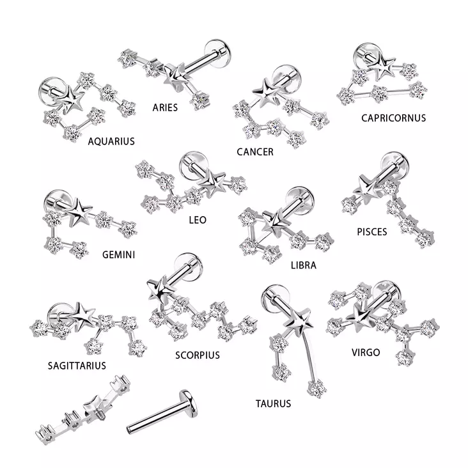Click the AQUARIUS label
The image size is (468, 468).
(x=111, y=141)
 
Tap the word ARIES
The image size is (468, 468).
(x=165, y=107)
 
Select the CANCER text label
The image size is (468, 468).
(x=254, y=152)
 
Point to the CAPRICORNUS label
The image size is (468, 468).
(x=393, y=118)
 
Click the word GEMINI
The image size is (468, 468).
(x=119, y=254)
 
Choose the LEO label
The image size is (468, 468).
(x=198, y=219)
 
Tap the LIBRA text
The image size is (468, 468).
(x=303, y=264)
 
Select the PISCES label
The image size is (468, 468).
(x=371, y=231)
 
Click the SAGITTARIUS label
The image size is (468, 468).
(x=77, y=366)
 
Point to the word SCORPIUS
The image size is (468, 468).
(x=197, y=355)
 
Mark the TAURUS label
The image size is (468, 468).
(x=273, y=403)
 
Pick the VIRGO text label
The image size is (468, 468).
(x=366, y=352)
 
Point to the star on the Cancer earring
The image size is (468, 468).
(x=266, y=91)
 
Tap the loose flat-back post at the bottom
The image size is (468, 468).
(x=162, y=409)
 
